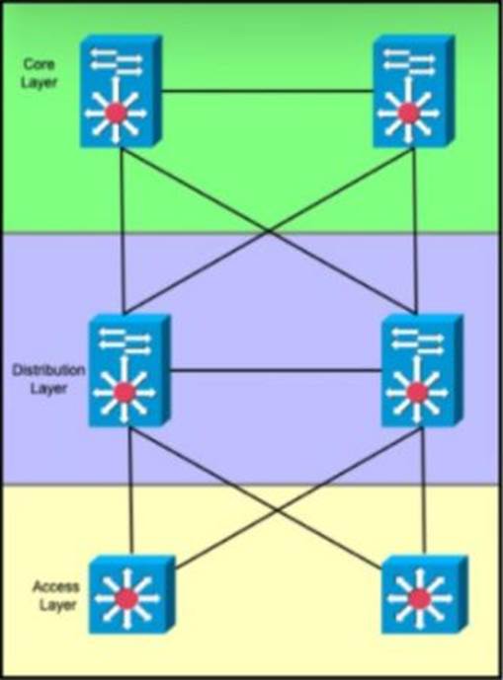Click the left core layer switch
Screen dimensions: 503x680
click(x=121, y=91)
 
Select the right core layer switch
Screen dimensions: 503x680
click(x=413, y=91)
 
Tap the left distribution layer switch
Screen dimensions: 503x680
click(x=129, y=370)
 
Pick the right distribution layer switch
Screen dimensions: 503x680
click(x=422, y=370)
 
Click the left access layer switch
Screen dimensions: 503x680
click(x=132, y=594)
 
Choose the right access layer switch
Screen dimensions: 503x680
click(x=424, y=594)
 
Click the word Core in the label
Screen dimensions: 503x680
click(x=40, y=64)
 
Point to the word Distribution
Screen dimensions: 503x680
click(x=48, y=370)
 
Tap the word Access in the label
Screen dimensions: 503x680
click(x=55, y=587)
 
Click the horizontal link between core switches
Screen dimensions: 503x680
click(x=268, y=91)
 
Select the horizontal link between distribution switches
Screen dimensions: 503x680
click(x=276, y=370)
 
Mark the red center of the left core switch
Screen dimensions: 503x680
click(x=116, y=113)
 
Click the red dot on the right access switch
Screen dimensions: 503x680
click(x=419, y=599)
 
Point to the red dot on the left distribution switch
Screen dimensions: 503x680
click(x=125, y=393)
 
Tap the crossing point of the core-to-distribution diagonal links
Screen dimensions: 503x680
click(x=269, y=231)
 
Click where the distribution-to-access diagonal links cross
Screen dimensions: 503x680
click(x=277, y=510)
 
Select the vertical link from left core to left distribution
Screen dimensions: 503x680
click(x=123, y=231)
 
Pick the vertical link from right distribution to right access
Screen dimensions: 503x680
click(x=424, y=491)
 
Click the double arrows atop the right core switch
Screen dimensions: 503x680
click(x=408, y=62)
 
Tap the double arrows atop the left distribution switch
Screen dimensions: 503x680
click(x=125, y=340)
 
